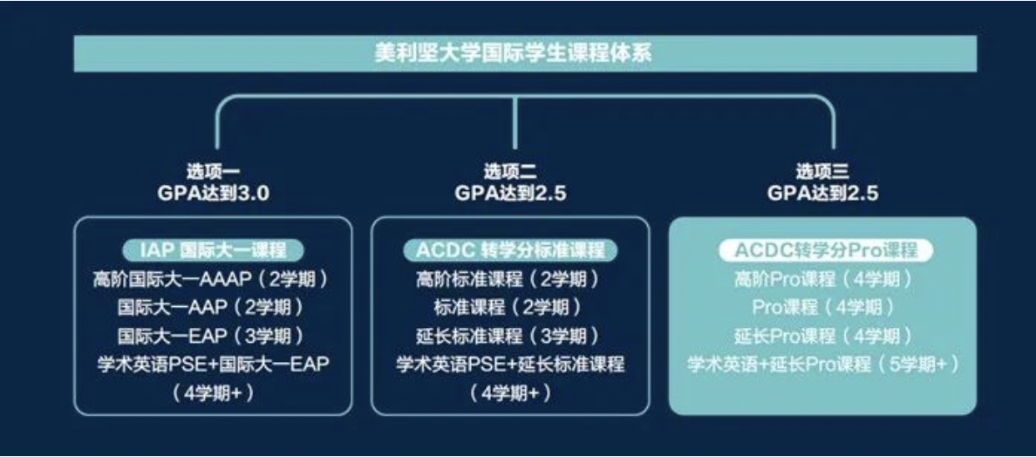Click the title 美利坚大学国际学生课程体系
(x=514, y=53)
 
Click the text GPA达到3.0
(x=213, y=194)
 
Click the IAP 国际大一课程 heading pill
(x=213, y=251)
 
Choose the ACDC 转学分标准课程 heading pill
(x=510, y=251)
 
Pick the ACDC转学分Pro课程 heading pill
(x=825, y=251)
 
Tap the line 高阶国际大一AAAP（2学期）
(x=211, y=279)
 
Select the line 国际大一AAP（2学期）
(x=211, y=308)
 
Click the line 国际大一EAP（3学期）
(x=211, y=336)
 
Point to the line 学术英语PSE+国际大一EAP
(x=211, y=364)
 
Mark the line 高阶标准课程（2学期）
(x=508, y=279)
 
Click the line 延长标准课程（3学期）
(x=508, y=336)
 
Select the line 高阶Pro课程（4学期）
(x=824, y=279)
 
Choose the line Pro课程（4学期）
(x=824, y=308)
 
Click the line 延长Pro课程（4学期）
(x=824, y=336)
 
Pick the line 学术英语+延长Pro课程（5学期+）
(x=824, y=364)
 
